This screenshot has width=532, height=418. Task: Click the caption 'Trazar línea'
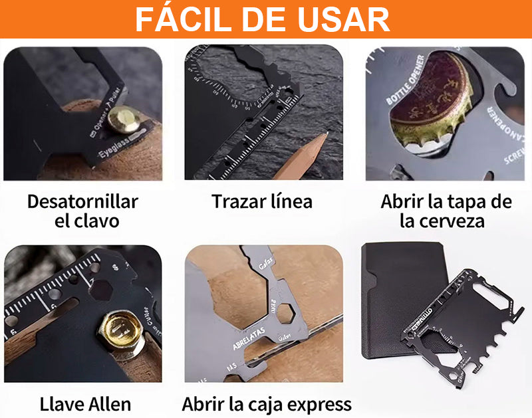point(262,201)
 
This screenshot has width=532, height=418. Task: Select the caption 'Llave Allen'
point(85,403)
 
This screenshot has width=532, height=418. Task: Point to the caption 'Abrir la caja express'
point(267,403)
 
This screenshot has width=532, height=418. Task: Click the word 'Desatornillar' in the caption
point(83,201)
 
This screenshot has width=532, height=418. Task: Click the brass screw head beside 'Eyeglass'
point(124,121)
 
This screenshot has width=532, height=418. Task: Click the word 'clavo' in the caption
point(97,221)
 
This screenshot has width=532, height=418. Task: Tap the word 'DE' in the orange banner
point(266,19)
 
